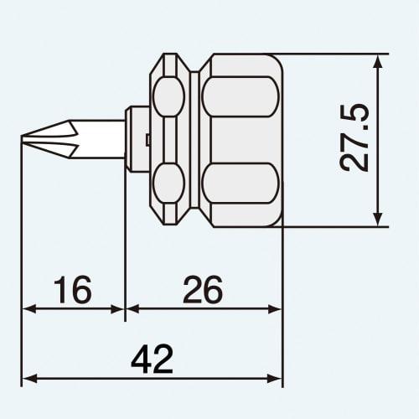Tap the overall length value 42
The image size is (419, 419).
click(152, 360)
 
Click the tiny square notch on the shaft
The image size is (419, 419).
click(146, 139)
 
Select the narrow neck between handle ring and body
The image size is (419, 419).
click(197, 139)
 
